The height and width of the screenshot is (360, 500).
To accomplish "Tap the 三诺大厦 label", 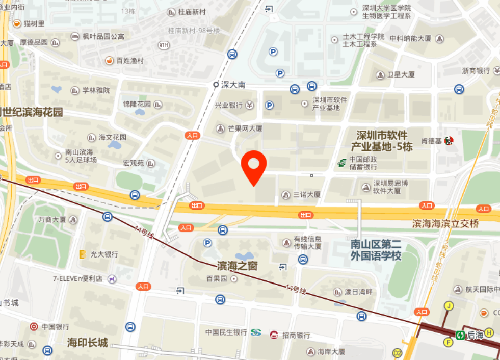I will (307, 194).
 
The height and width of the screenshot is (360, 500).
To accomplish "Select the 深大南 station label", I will (233, 85).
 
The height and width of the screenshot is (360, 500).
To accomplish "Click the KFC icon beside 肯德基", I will (449, 141).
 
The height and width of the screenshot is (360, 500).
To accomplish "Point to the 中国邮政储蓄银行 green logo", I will (341, 163).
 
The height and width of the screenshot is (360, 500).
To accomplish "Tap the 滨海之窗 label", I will (237, 266).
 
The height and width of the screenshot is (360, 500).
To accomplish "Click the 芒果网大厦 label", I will (245, 129).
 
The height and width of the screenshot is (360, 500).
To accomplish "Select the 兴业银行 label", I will (228, 106).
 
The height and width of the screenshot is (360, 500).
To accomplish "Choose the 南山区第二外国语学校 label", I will (376, 250).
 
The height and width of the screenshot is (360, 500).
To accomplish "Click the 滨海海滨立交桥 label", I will (445, 224).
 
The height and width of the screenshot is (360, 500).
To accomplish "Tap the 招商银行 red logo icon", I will (274, 335).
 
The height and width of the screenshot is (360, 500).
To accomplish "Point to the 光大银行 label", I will (104, 254).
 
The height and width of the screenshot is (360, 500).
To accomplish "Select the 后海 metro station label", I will (475, 335).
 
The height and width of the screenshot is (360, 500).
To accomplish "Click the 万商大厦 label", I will (52, 220).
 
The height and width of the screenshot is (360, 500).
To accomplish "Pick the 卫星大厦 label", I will (401, 75).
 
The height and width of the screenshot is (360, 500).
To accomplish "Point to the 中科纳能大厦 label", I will (410, 39).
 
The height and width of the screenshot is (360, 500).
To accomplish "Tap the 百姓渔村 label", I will (130, 61).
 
